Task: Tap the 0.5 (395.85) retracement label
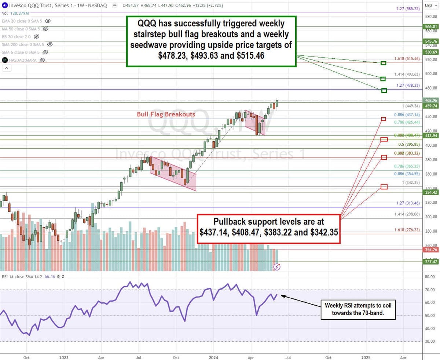coord(407,144)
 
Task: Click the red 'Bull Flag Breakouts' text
coord(166,114)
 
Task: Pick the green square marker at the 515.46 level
coord(384,63)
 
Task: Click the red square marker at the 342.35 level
coord(384,187)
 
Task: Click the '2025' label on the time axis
coord(366,355)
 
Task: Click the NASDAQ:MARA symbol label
coord(23,60)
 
